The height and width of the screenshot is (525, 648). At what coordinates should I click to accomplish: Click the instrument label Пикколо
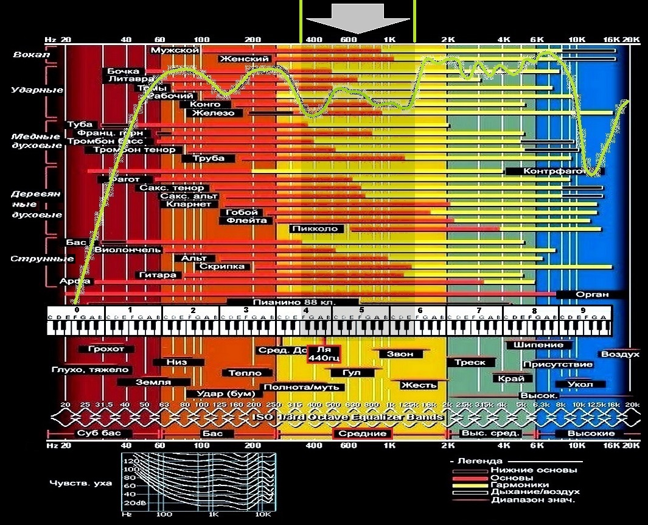pyautogui.click(x=318, y=229)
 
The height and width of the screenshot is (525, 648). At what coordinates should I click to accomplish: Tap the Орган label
pyautogui.click(x=591, y=294)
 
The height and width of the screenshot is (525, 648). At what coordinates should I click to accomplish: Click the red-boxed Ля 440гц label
pyautogui.click(x=324, y=354)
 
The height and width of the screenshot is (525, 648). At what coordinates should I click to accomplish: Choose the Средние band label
pyautogui.click(x=362, y=433)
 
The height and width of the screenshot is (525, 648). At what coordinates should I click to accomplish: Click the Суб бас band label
pyautogui.click(x=95, y=433)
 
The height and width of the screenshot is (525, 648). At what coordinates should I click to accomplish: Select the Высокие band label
pyautogui.click(x=582, y=433)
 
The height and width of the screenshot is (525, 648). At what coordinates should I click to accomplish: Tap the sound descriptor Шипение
pyautogui.click(x=538, y=345)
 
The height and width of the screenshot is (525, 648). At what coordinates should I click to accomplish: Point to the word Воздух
pyautogui.click(x=620, y=354)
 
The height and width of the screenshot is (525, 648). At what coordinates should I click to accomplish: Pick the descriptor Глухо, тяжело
pyautogui.click(x=90, y=369)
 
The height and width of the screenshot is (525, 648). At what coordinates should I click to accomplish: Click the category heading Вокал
pyautogui.click(x=30, y=55)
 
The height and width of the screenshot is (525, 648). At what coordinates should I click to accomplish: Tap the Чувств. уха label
pyautogui.click(x=81, y=483)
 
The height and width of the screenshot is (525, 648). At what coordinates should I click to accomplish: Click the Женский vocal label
pyautogui.click(x=244, y=58)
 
